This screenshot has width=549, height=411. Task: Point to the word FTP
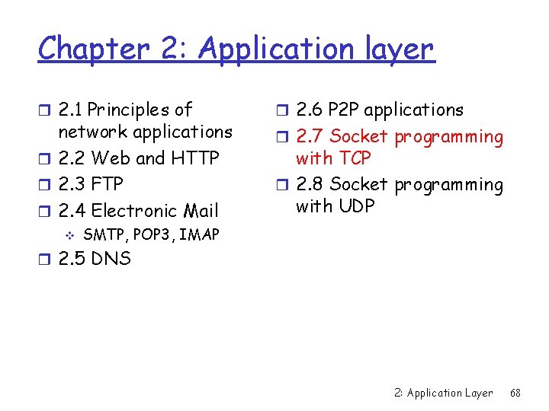pyautogui.click(x=107, y=184)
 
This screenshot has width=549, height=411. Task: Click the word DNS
pyautogui.click(x=111, y=259)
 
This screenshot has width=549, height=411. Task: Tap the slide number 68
pyautogui.click(x=515, y=393)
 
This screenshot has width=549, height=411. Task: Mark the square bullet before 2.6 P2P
pyautogui.click(x=282, y=110)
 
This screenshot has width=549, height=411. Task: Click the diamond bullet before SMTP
pyautogui.click(x=69, y=234)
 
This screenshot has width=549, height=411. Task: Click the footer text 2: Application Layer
pyautogui.click(x=444, y=393)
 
